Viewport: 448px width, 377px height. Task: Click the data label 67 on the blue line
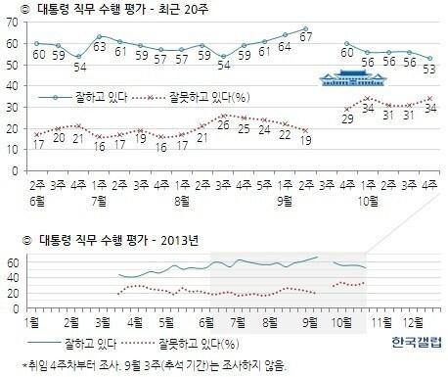[305, 38]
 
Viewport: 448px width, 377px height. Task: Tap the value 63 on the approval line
[100, 46]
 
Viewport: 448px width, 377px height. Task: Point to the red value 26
[223, 124]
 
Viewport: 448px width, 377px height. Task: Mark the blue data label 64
[285, 45]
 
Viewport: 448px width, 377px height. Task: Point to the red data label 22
[285, 134]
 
